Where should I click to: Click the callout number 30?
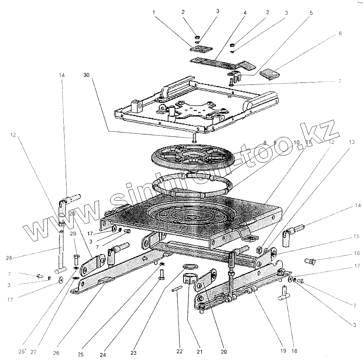point(86,72)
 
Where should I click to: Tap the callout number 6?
point(340,34)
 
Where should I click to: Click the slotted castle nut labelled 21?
point(190,280)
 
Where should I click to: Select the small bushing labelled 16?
point(309,260)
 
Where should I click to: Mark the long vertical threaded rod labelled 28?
point(61,250)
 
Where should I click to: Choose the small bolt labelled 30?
point(194,137)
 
